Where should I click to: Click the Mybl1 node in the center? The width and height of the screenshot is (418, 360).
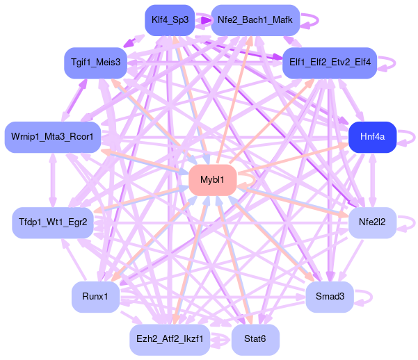[212, 180]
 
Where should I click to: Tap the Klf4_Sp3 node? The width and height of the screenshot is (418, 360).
[167, 19]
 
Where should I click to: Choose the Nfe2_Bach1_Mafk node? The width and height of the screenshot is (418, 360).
[255, 20]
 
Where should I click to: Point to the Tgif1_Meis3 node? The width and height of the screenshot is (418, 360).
[96, 63]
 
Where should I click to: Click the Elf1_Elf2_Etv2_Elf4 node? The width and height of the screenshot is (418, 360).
[330, 63]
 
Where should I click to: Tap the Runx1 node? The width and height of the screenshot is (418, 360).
[95, 297]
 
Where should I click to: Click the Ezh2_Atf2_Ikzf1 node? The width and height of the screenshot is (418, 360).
[169, 339]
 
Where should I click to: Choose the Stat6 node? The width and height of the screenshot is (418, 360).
[255, 339]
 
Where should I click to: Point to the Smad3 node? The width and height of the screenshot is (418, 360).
[329, 297]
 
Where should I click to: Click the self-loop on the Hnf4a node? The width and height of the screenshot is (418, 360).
[408, 138]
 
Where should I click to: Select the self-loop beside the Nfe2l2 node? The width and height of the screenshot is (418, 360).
[408, 222]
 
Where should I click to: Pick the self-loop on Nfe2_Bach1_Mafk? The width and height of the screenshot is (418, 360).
[312, 20]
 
